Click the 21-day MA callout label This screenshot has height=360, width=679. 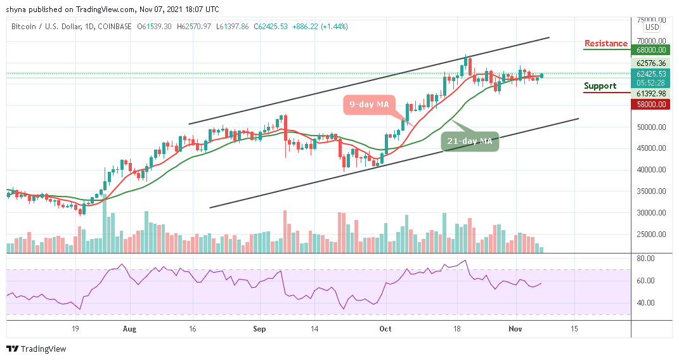click(x=470, y=141)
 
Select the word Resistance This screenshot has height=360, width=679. click(x=606, y=44)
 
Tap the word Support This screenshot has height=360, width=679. click(x=600, y=86)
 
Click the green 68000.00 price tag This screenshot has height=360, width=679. click(x=652, y=49)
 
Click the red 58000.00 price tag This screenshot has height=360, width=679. click(x=652, y=104)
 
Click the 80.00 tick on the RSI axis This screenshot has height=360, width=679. click(x=647, y=259)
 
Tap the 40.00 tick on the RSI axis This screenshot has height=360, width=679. click(x=647, y=302)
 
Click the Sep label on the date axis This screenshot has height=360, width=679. click(x=258, y=329)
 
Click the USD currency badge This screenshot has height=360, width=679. click(x=651, y=27)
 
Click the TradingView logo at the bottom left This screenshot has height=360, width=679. click(x=36, y=349)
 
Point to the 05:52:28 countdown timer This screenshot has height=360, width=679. click(x=651, y=82)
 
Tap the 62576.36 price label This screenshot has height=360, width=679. click(x=651, y=63)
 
